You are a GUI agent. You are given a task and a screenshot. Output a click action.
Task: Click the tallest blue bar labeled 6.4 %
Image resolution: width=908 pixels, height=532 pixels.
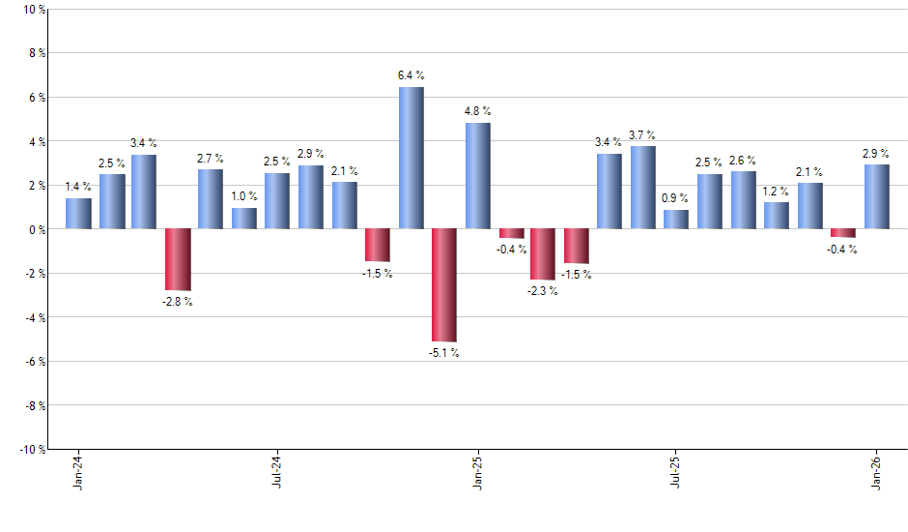click(x=411, y=158)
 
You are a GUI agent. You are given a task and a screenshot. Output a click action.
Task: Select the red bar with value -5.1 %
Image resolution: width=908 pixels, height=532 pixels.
click(x=443, y=285)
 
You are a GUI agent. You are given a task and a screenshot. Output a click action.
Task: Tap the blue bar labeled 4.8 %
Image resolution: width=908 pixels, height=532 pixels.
click(x=477, y=176)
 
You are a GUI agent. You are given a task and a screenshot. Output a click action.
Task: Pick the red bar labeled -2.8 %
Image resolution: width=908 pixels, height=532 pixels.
click(x=178, y=259)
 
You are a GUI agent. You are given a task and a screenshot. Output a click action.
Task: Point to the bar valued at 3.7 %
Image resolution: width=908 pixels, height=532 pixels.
click(x=643, y=188)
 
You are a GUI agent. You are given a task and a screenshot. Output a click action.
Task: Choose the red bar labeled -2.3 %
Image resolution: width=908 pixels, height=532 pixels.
click(x=544, y=254)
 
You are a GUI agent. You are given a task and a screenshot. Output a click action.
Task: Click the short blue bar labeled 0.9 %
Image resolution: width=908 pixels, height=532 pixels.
click(x=676, y=220)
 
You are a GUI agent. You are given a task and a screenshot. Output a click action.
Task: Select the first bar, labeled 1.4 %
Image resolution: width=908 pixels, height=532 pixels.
click(x=78, y=214)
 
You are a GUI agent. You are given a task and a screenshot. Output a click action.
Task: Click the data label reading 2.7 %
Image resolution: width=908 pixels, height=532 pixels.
click(x=211, y=159)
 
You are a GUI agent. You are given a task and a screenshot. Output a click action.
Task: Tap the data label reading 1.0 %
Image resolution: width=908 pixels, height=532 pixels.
click(x=244, y=196)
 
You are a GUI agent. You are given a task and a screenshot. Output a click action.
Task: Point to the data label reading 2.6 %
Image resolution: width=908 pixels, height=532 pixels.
click(x=743, y=161)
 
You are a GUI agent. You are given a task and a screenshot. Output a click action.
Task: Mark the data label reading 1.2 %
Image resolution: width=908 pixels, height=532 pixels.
click(x=777, y=192)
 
